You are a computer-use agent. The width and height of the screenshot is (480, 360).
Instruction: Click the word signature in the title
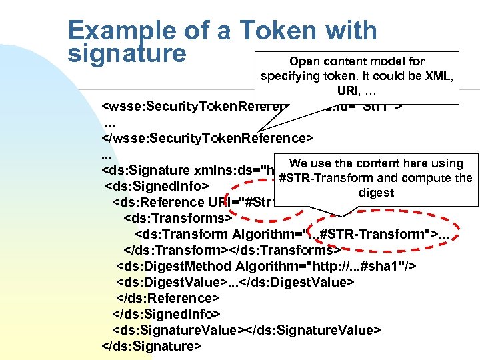[x=127, y=53]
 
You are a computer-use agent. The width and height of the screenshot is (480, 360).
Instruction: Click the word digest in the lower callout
[x=377, y=193]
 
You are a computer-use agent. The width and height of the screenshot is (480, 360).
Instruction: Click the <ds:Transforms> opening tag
[x=177, y=218]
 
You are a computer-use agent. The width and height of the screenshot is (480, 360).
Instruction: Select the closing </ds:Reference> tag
[x=167, y=298]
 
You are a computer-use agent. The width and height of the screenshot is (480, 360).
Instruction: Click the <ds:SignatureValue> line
[x=246, y=330]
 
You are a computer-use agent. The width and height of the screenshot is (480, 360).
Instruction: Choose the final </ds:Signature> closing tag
[x=151, y=346]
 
